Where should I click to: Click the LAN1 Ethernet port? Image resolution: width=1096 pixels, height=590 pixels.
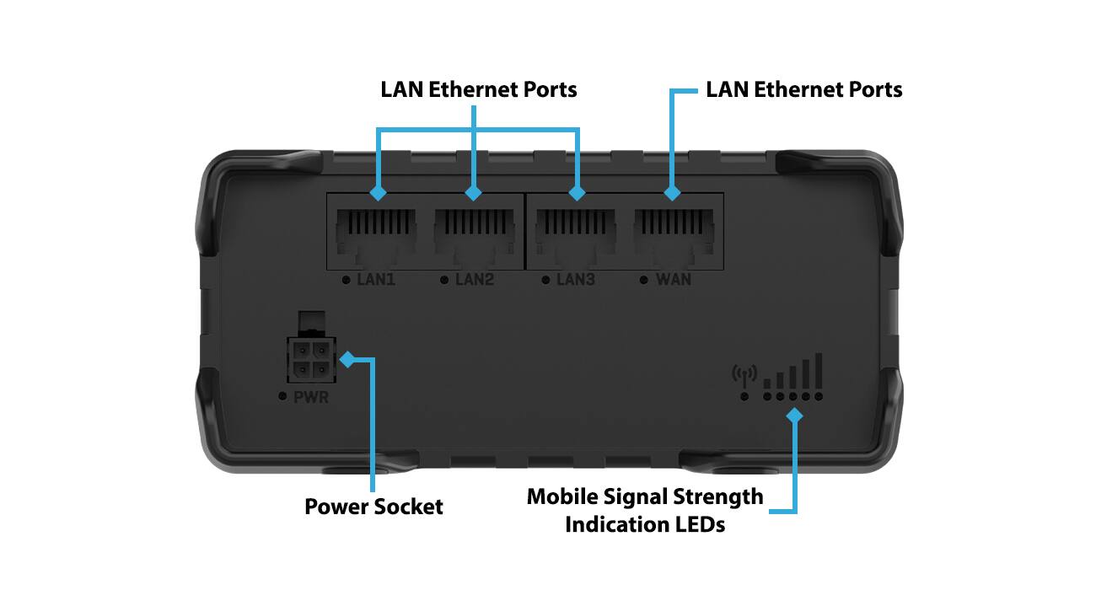(376, 232)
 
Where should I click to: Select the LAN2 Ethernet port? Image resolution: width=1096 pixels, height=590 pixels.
(474, 232)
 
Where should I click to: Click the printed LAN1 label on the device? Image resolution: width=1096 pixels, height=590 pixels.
(377, 280)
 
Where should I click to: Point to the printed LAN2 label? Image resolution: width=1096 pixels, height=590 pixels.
(475, 280)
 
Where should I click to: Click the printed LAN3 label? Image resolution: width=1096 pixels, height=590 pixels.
(576, 280)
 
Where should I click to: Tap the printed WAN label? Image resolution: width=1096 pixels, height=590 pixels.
(674, 280)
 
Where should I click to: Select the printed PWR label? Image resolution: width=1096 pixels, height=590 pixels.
(311, 396)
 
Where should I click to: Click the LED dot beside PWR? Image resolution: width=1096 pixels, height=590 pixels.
(282, 396)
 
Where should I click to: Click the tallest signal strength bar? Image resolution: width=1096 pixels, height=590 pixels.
(818, 369)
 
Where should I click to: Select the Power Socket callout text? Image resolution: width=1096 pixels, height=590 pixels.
(373, 507)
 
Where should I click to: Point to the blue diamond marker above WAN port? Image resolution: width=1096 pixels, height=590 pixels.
(672, 193)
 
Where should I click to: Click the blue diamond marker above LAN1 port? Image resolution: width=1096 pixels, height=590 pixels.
(378, 193)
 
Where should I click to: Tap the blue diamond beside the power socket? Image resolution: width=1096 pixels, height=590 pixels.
(347, 360)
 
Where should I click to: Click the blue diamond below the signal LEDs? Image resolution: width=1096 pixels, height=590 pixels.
(793, 415)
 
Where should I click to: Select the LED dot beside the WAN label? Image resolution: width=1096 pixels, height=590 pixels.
(643, 280)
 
